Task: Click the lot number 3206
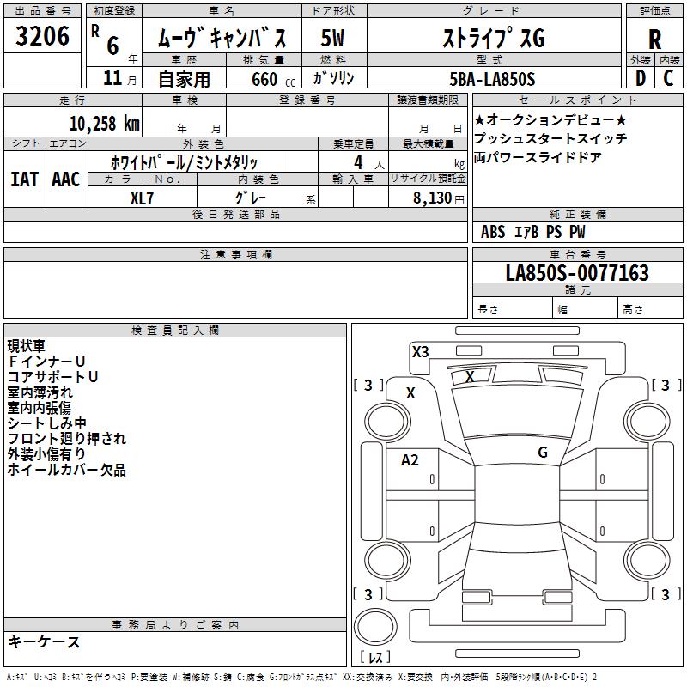point(42,36)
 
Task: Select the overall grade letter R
point(654,40)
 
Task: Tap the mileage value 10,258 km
point(105,124)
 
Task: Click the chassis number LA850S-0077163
point(577,272)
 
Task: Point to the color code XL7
point(142,198)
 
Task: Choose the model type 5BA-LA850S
point(492,79)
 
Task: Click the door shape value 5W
point(332,38)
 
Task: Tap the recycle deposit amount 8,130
point(433,198)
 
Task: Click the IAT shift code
point(25,179)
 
